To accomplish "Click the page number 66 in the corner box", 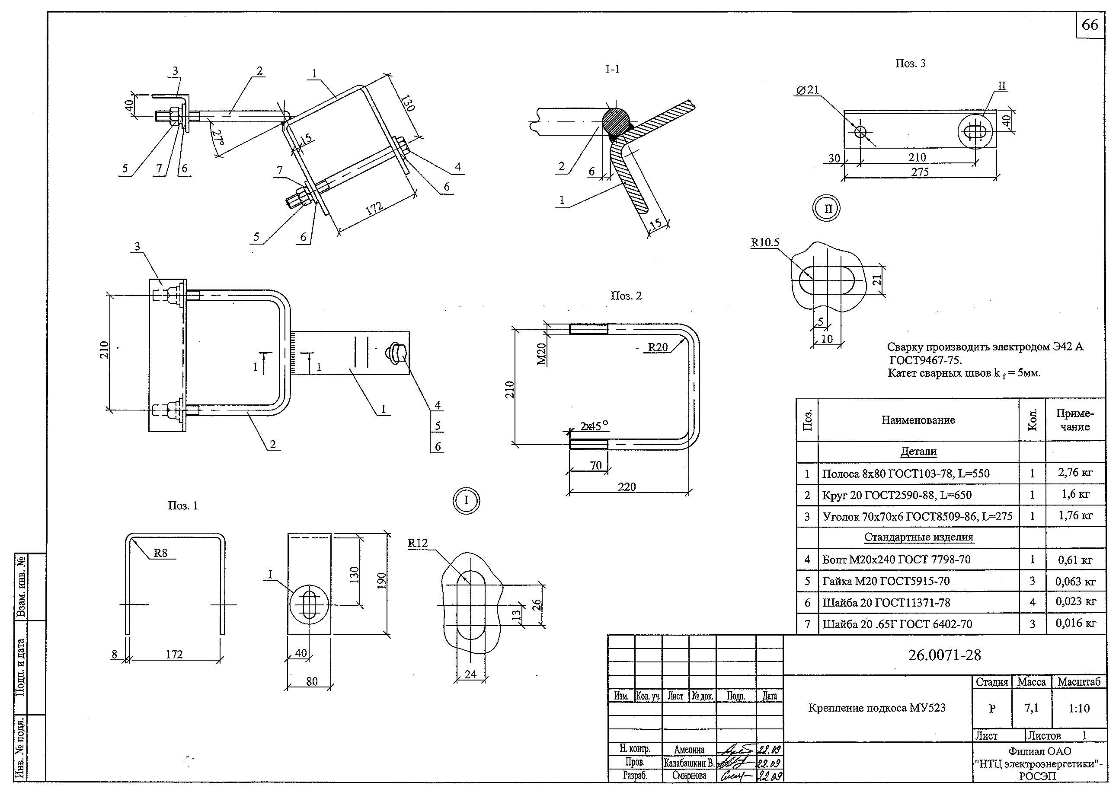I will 1090,25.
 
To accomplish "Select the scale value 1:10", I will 1079,708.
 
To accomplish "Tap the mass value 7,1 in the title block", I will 1031,708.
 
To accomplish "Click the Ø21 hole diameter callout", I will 807,90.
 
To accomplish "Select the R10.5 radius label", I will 765,243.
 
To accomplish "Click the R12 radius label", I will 417,543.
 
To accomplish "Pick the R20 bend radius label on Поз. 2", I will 658,347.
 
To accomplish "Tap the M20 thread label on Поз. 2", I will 541,353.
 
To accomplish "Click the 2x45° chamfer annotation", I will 594,426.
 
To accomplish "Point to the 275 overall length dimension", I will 920,172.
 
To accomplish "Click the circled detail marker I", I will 466,500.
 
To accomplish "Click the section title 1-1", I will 612,69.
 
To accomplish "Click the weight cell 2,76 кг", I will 1075,473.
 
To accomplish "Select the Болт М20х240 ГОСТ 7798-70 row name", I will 895,560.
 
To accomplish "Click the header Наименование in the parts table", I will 918,420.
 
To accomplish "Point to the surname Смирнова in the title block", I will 689,776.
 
